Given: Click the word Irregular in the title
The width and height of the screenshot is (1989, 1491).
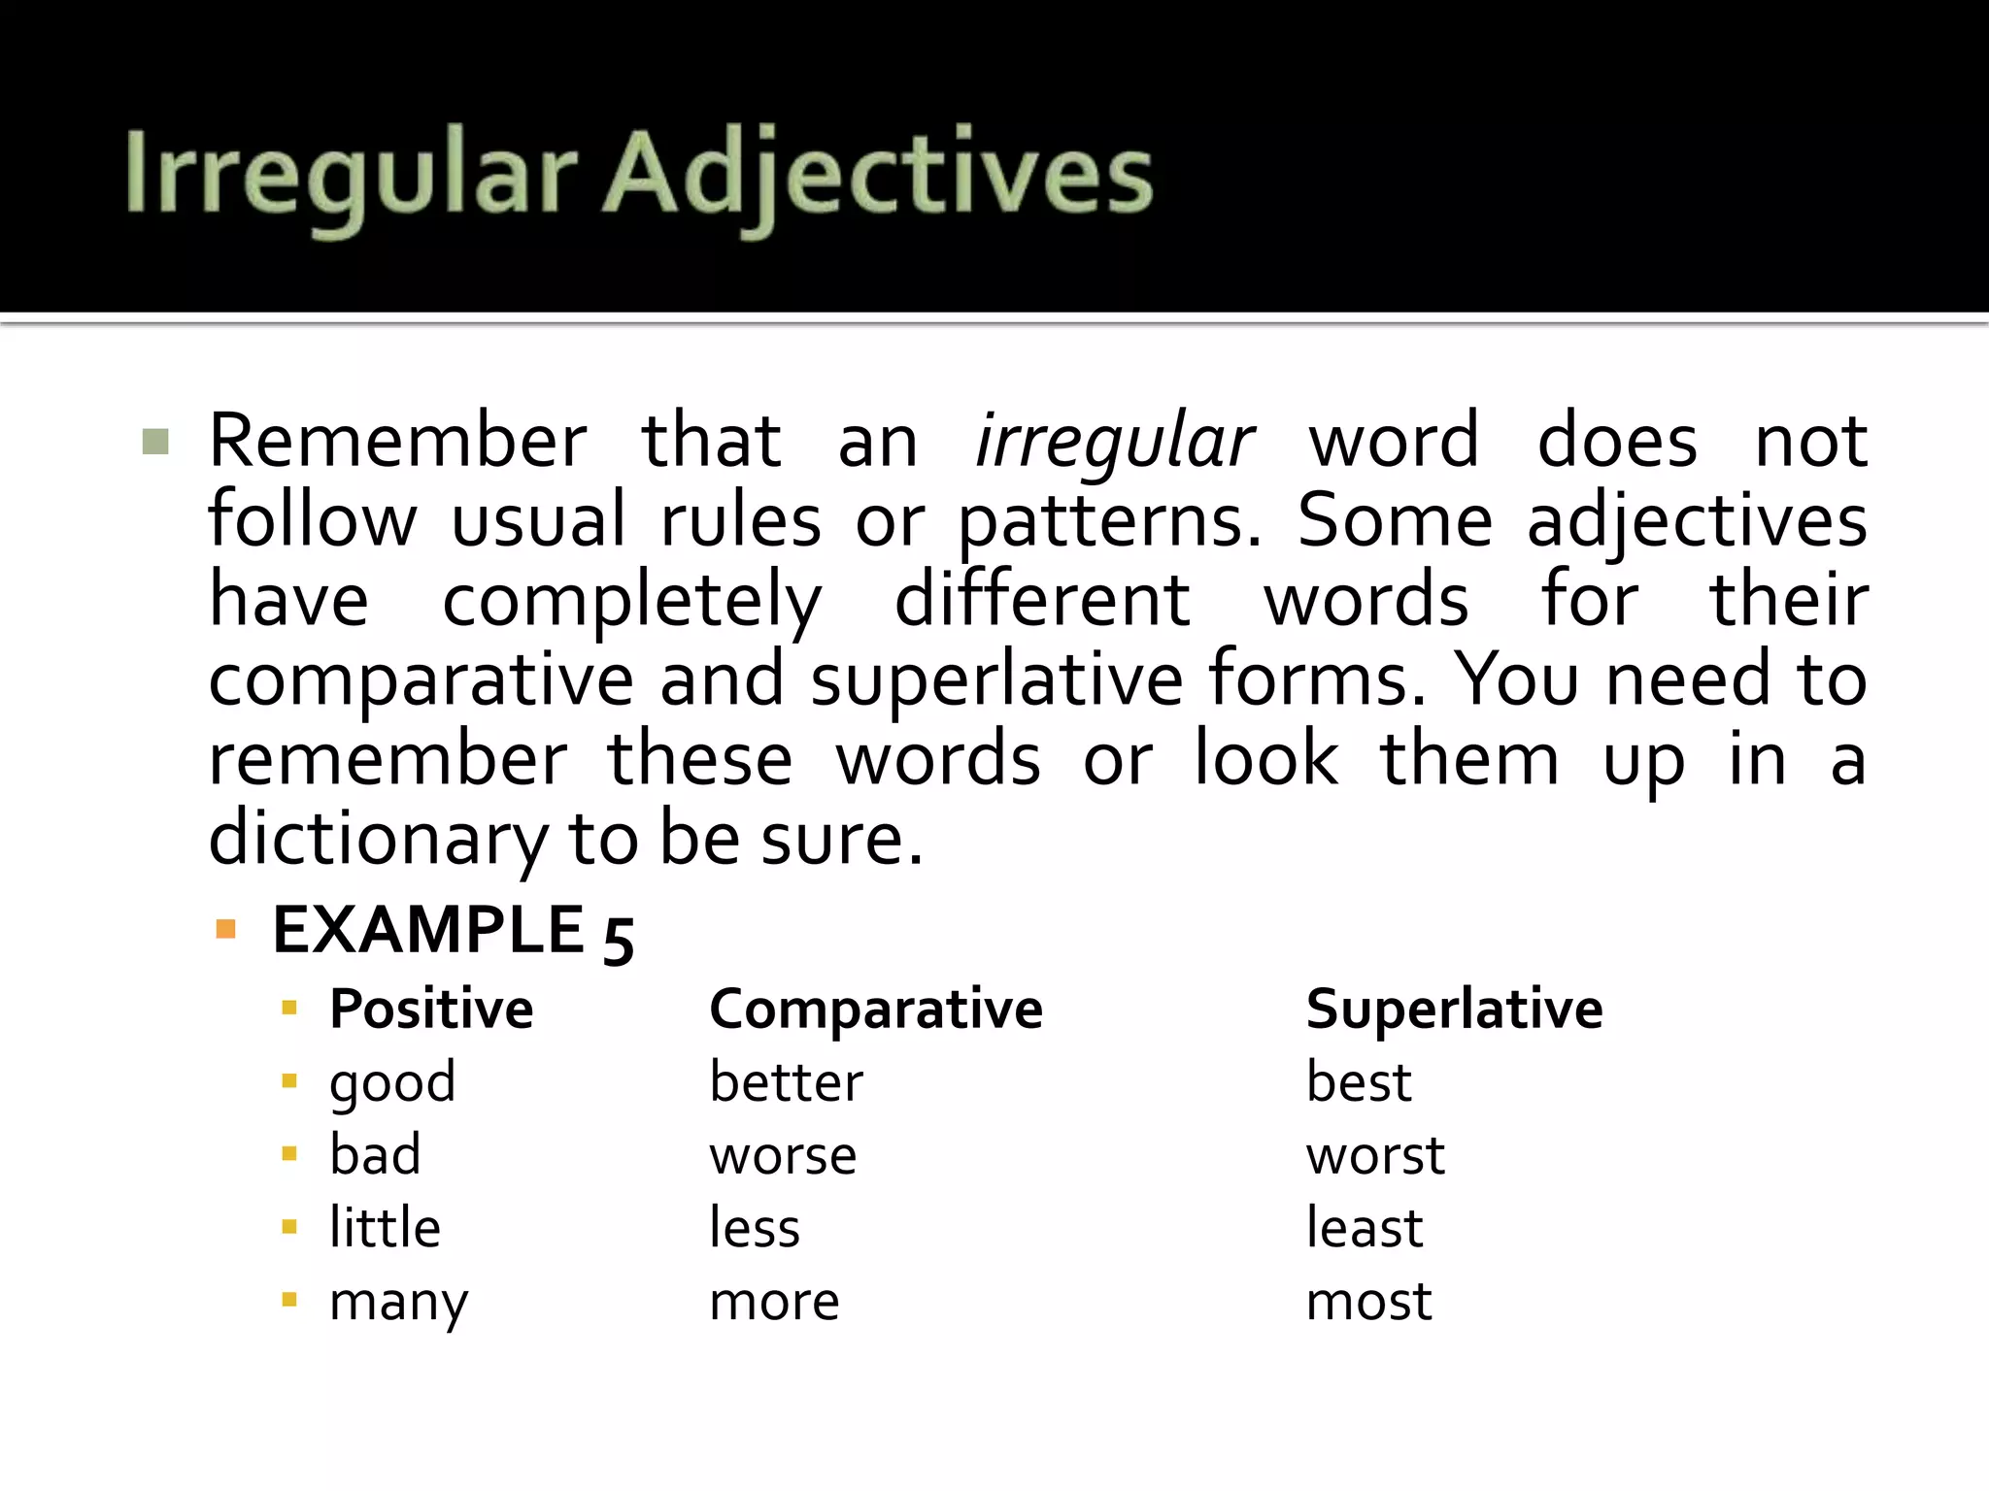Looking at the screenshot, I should (351, 175).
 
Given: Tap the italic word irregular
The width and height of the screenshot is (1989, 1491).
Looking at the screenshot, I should (1114, 442).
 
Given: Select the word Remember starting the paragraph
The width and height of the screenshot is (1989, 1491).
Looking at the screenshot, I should (398, 442).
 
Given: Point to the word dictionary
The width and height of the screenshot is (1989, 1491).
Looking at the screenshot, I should (379, 839).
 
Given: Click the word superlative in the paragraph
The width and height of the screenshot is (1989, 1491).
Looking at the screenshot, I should (996, 679).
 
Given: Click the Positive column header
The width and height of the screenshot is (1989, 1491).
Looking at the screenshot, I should (431, 1010).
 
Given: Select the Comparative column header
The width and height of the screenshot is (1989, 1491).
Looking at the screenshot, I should (876, 1010).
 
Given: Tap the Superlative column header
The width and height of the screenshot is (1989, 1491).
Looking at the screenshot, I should (1454, 1010).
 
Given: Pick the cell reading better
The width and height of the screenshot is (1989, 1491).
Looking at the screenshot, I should (786, 1082).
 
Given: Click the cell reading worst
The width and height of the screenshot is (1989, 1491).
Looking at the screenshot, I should (1374, 1156).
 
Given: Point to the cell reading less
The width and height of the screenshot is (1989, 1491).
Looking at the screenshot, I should (755, 1228).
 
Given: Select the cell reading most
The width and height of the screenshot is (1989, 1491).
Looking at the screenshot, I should (1368, 1302).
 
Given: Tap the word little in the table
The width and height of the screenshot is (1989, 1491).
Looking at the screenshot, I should (385, 1228).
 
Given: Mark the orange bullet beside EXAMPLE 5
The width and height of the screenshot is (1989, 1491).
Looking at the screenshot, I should (226, 930).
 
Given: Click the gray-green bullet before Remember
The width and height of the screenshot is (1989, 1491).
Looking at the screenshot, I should (155, 442).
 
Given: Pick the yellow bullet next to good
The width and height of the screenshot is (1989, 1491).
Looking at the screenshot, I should (288, 1081).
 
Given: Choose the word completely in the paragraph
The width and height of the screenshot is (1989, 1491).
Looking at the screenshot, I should (632, 601).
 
